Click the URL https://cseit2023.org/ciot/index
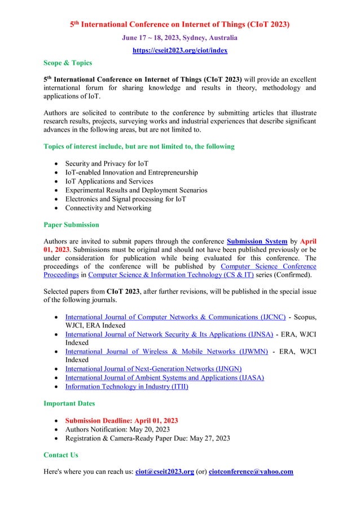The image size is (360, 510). click(179, 50)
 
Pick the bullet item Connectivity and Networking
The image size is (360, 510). click(108, 207)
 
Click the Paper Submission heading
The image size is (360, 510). click(72, 224)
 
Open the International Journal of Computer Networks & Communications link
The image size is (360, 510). click(175, 316)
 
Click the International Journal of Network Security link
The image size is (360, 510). click(167, 334)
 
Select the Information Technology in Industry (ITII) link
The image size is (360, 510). click(127, 386)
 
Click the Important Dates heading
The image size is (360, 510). click(69, 403)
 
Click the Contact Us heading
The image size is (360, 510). click(60, 455)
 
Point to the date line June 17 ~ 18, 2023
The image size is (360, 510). click(179, 37)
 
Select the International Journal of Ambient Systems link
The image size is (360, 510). click(165, 377)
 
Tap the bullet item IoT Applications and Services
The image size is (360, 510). click(109, 181)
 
